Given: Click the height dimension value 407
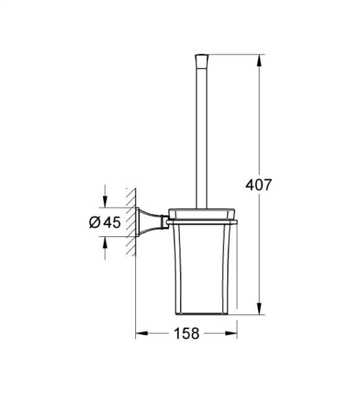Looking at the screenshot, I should (x=259, y=185).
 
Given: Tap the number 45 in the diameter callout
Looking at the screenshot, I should (x=111, y=222).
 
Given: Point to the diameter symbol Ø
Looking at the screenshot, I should (x=94, y=222).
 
